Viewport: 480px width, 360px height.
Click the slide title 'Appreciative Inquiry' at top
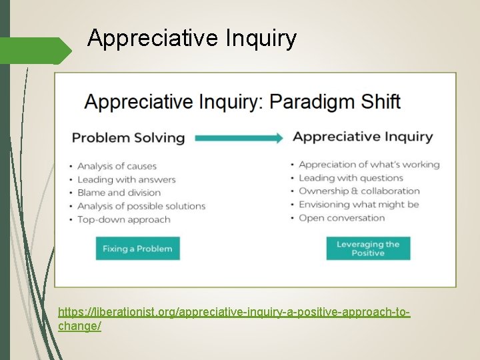pos(191,39)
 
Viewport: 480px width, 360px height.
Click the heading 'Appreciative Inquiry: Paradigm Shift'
pos(242,102)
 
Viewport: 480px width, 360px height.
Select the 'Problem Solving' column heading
pos(128,138)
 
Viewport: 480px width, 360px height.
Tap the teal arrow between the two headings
pos(239,138)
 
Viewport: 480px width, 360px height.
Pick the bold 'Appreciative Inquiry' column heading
pos(363,137)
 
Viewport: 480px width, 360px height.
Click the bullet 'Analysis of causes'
pos(117,166)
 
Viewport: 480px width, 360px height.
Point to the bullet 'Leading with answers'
pos(126,179)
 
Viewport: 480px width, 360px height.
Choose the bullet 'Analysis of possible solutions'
pos(141,206)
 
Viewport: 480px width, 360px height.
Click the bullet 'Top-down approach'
pos(123,219)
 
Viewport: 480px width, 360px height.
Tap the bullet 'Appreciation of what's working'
pos(369,165)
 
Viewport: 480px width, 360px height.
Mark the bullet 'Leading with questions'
pos(351,178)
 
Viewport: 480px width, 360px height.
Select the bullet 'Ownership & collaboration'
pos(359,191)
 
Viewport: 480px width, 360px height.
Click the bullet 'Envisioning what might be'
pos(359,205)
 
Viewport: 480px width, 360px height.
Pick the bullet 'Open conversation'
pos(341,218)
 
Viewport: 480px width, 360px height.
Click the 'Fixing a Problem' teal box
pos(137,249)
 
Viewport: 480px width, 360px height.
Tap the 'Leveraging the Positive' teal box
pos(368,249)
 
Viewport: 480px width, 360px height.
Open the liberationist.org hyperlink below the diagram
pos(233,312)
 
